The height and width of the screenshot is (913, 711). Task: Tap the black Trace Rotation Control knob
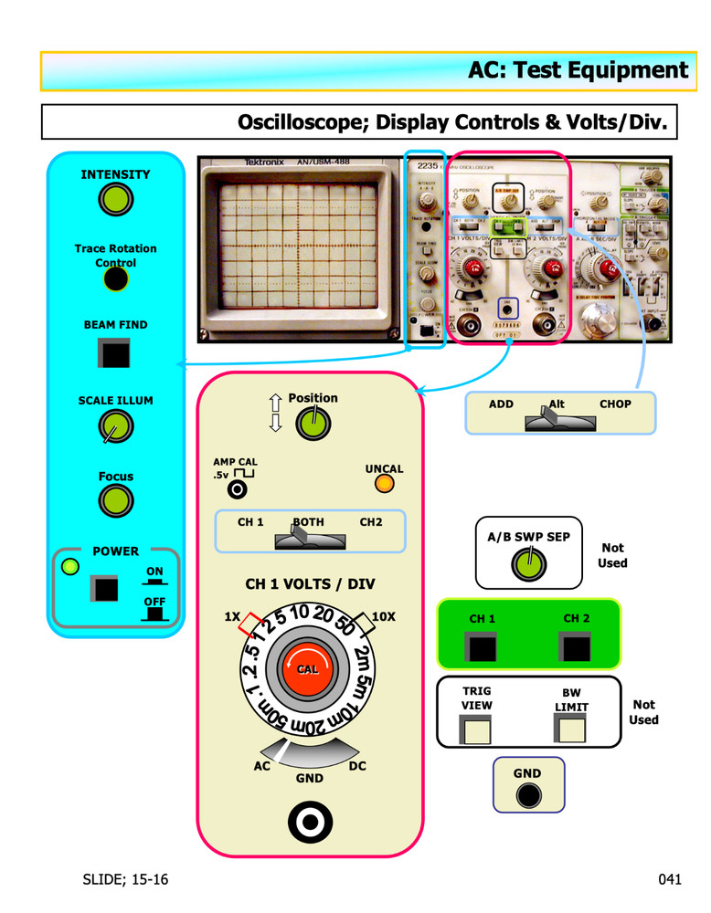[x=115, y=278]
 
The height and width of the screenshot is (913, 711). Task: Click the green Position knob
[x=313, y=423]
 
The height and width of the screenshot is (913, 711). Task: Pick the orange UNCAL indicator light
[x=385, y=485]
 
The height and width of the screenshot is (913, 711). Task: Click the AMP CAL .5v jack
[x=238, y=490]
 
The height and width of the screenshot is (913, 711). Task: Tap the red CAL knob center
[x=308, y=669]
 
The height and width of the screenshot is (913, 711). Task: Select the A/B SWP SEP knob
[x=526, y=566]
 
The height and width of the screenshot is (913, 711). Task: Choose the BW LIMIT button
[x=571, y=729]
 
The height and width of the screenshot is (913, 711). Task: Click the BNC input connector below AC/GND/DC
[x=310, y=824]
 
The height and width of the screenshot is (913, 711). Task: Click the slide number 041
[x=670, y=880]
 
